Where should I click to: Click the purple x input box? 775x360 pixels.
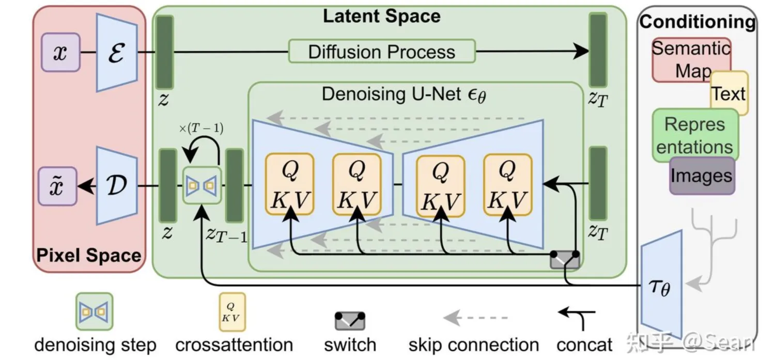[x=60, y=53]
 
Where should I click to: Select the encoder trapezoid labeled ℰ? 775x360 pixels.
[x=117, y=53]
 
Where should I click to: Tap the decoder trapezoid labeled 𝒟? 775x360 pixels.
[x=117, y=186]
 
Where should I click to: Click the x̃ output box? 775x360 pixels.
[x=57, y=186]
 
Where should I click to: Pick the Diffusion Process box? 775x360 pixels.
[x=382, y=52]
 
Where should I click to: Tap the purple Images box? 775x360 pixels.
[x=702, y=176]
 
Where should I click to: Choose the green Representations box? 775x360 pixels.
[x=695, y=135]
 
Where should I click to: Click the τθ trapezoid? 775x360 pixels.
[x=661, y=285]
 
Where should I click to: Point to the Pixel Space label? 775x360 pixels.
[x=88, y=256]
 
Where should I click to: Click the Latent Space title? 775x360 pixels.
[x=382, y=16]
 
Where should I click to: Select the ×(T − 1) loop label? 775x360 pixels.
[x=201, y=128]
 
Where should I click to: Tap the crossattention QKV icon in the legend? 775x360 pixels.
[x=233, y=312]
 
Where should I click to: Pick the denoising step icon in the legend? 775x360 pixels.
[x=95, y=311]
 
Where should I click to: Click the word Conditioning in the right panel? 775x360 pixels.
[x=697, y=22]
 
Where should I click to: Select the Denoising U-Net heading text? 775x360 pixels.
[x=404, y=95]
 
